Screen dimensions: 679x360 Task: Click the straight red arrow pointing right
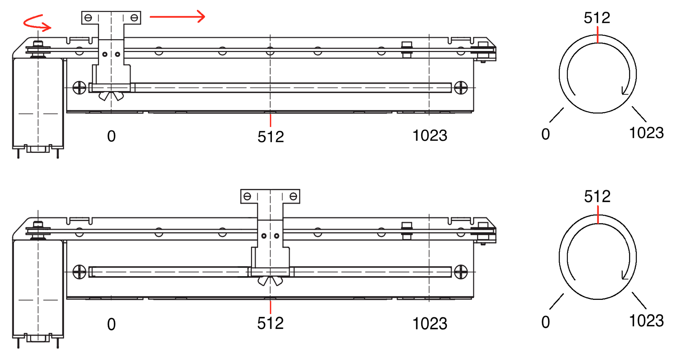177,17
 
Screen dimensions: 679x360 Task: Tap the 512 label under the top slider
271,137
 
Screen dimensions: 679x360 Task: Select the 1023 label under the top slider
430,136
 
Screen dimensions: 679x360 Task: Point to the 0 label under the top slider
112,136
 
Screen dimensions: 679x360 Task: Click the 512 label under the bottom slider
270,323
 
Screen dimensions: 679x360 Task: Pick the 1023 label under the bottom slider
430,324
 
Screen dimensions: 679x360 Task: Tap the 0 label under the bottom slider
112,324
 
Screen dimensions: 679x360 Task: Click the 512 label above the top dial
597,18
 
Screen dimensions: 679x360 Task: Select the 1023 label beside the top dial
647,133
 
